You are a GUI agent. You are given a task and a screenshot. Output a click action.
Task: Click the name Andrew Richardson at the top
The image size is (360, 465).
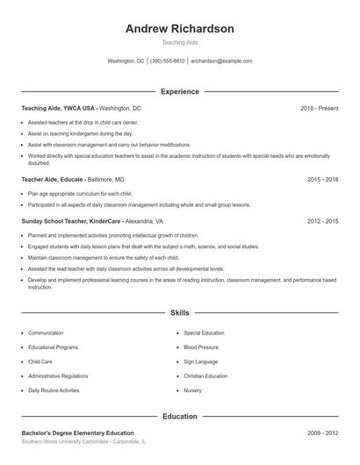tap(179, 29)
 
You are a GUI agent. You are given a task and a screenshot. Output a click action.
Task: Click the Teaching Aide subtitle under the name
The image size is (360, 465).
tap(179, 42)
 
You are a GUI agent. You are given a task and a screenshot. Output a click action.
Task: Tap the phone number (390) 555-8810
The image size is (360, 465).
tap(167, 61)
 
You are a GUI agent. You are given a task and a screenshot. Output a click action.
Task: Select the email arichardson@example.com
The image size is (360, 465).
tap(221, 61)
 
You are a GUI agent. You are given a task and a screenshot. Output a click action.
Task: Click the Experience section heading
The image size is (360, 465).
tap(179, 91)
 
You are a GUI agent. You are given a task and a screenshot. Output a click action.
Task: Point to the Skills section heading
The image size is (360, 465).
tap(179, 312)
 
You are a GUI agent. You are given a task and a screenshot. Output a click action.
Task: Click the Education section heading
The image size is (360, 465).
tap(179, 416)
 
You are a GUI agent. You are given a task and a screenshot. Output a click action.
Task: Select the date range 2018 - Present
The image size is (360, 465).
tap(319, 108)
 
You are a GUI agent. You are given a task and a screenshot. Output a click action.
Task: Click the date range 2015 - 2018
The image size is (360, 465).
tap(322, 178)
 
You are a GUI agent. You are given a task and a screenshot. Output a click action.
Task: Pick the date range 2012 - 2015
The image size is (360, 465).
tap(322, 221)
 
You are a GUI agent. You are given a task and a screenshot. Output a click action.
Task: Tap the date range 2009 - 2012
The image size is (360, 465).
tap(322, 433)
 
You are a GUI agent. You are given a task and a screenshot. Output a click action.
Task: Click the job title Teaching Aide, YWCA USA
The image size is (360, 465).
tap(58, 108)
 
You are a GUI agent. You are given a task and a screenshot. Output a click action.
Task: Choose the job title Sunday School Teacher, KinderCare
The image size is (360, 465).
tap(71, 221)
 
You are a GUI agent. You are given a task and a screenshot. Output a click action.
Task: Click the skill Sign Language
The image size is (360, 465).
tap(201, 361)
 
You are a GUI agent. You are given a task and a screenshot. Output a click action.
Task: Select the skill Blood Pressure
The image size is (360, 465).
tap(201, 347)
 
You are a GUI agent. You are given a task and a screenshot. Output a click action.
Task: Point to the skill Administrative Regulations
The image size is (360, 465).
tap(57, 376)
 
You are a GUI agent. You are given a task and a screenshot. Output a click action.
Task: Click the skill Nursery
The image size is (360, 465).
tap(192, 390)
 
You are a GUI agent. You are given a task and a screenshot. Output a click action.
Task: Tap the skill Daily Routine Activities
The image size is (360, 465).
tap(54, 390)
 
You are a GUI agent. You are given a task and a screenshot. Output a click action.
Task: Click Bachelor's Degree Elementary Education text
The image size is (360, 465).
tap(77, 433)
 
